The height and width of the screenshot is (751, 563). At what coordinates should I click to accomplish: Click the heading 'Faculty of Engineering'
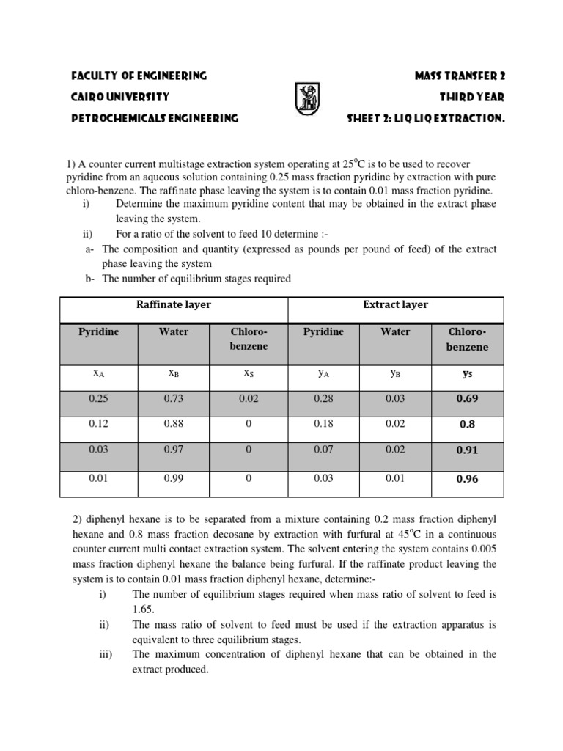click(139, 76)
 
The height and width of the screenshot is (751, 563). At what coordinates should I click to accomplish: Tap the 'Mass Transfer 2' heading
click(460, 76)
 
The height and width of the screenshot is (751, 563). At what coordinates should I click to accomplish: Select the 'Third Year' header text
click(472, 97)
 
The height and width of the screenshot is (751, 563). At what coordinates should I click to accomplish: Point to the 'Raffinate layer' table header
click(174, 305)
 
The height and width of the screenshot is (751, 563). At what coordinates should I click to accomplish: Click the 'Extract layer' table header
click(396, 305)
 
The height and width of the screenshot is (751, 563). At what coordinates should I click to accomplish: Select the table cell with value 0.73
click(174, 398)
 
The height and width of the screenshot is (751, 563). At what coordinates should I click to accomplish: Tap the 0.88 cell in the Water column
click(174, 424)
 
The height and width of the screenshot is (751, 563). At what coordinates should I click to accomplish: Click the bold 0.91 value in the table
click(468, 451)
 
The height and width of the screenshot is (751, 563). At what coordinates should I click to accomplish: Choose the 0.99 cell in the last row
click(174, 478)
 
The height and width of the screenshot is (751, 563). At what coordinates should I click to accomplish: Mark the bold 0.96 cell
click(468, 479)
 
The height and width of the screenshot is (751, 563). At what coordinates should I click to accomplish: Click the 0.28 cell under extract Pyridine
click(323, 398)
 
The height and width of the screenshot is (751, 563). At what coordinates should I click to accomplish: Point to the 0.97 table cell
click(174, 450)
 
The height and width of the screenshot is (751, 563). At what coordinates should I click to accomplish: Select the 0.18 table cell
click(323, 424)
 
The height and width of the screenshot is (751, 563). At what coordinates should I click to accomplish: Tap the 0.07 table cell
click(323, 450)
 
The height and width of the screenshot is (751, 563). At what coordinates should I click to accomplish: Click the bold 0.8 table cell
click(468, 425)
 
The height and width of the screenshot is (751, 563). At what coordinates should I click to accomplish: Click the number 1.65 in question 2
click(143, 609)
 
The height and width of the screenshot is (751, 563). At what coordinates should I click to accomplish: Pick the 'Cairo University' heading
click(120, 97)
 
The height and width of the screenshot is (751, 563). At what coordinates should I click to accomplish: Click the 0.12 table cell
click(98, 424)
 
